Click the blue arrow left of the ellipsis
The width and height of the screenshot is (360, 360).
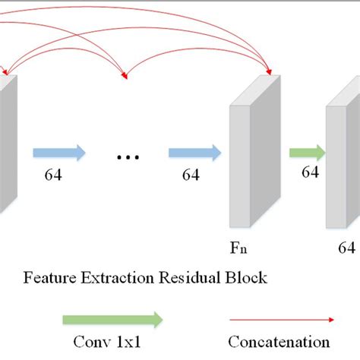pos(59,153)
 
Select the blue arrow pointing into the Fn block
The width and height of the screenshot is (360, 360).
pos(194,153)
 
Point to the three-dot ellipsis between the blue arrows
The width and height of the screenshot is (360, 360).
pos(127,156)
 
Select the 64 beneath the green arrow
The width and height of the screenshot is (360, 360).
pos(310,172)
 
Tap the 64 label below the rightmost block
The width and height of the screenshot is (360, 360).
pos(347,248)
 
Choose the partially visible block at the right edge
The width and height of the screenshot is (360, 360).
pos(342,167)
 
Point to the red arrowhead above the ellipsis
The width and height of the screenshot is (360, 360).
pos(126,74)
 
